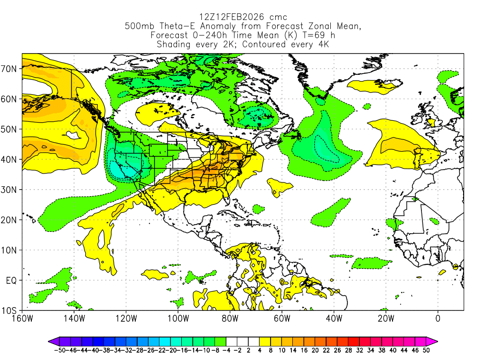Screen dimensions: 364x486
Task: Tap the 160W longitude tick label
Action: pos(22,318)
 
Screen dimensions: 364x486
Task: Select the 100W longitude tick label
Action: pos(178,318)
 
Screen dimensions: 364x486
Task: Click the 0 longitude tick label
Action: pos(438,318)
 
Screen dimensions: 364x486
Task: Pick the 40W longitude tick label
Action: pos(334,318)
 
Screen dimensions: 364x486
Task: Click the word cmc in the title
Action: pos(277,18)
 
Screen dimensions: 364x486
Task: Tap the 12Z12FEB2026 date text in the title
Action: pos(229,18)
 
